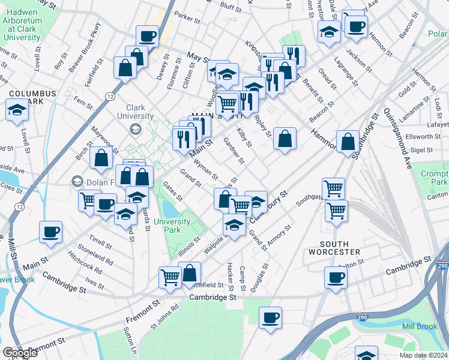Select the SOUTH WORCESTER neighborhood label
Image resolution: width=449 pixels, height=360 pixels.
pyautogui.click(x=340, y=247)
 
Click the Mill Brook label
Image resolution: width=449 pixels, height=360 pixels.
pyautogui.click(x=419, y=326)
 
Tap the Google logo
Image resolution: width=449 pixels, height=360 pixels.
pyautogui.click(x=20, y=353)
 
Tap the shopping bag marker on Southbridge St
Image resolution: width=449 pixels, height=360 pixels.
pyautogui.click(x=348, y=143)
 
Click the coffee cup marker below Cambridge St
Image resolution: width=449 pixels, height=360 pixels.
pyautogui.click(x=271, y=316)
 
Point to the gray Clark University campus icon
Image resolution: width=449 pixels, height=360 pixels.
pyautogui.click(x=136, y=128)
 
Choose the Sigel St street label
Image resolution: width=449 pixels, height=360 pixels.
pyautogui.click(x=421, y=149)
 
